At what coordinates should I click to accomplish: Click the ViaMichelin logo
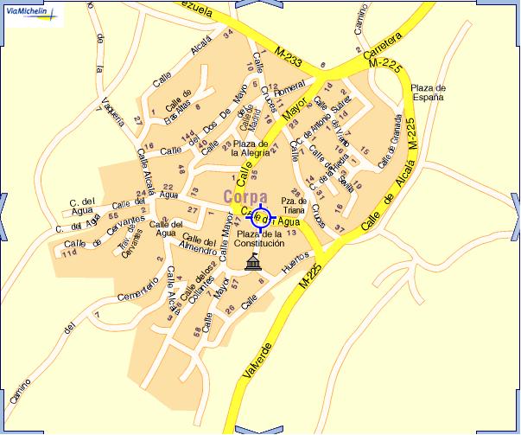[31, 14]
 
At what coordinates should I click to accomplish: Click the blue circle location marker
[261, 217]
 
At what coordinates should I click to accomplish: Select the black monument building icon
[254, 262]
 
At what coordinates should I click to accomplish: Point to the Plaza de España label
[427, 93]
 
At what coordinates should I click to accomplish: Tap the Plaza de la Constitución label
[259, 240]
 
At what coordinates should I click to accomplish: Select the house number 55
[114, 214]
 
